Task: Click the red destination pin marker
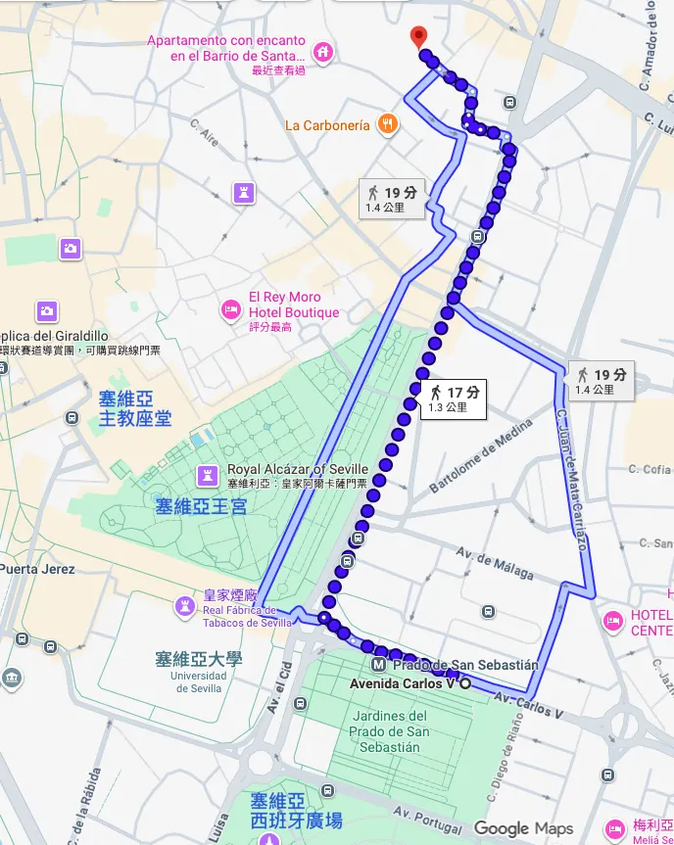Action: tap(420, 37)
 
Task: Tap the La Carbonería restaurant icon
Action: tap(389, 124)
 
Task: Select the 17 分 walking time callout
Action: tap(454, 399)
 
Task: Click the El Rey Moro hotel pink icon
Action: tap(231, 309)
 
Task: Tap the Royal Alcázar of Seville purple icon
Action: tap(207, 475)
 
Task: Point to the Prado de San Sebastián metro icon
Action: tap(378, 664)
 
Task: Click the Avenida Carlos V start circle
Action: tap(465, 683)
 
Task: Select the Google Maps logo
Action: tap(523, 828)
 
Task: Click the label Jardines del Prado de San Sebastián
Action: tap(390, 731)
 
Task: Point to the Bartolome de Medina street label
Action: tap(481, 456)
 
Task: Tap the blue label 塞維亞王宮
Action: tap(201, 506)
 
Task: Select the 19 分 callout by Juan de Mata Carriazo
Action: tap(601, 381)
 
